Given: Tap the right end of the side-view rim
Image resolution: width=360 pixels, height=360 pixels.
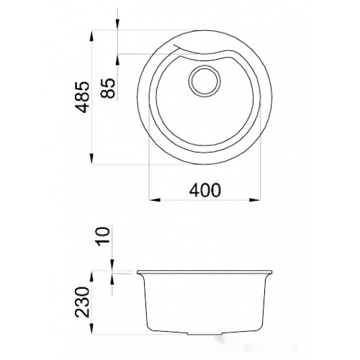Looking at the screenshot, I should pos(272,272).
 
